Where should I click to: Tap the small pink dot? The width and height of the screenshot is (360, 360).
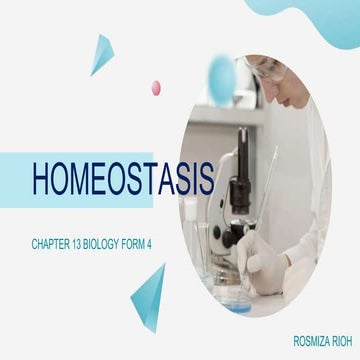[156, 88]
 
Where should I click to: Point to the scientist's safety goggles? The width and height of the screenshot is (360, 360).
[262, 68]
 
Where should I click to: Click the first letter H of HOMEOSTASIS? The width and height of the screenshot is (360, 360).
[45, 180]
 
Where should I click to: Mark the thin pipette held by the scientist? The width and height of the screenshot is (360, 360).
[268, 190]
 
